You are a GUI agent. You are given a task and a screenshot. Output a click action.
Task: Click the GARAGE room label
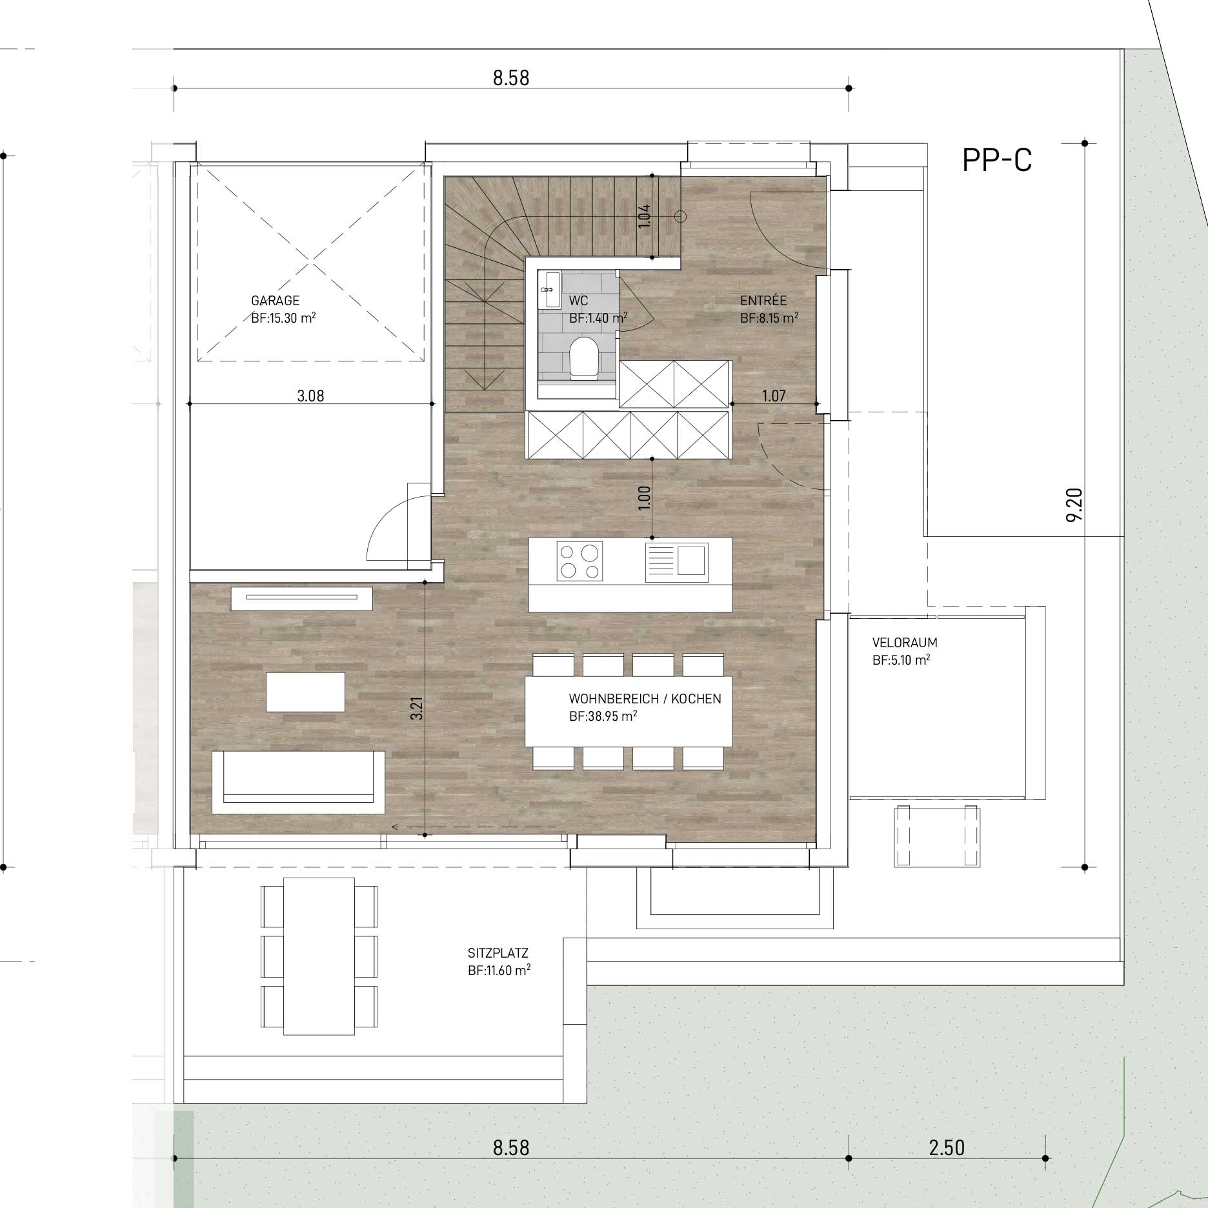[275, 301]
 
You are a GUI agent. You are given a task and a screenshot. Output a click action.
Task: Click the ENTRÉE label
[763, 301]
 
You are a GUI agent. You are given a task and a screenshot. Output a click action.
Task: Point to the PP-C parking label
[997, 161]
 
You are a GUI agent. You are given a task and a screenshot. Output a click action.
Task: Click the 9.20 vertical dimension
[1074, 505]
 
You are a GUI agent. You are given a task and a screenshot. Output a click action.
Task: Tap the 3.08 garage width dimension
[310, 396]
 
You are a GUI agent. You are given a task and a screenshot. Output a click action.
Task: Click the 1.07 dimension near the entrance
[774, 396]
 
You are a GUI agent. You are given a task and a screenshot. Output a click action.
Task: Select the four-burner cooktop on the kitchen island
[579, 561]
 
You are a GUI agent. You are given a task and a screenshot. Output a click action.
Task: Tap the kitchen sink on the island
[676, 561]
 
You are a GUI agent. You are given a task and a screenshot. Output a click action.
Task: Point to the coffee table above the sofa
[305, 692]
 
